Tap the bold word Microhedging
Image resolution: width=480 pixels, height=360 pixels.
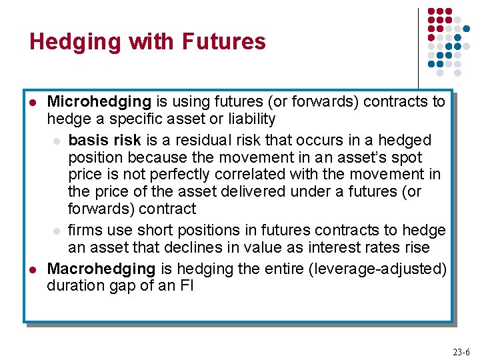pyautogui.click(x=99, y=102)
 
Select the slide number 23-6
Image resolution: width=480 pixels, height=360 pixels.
pyautogui.click(x=461, y=352)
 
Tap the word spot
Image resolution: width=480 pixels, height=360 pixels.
pyautogui.click(x=408, y=158)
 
